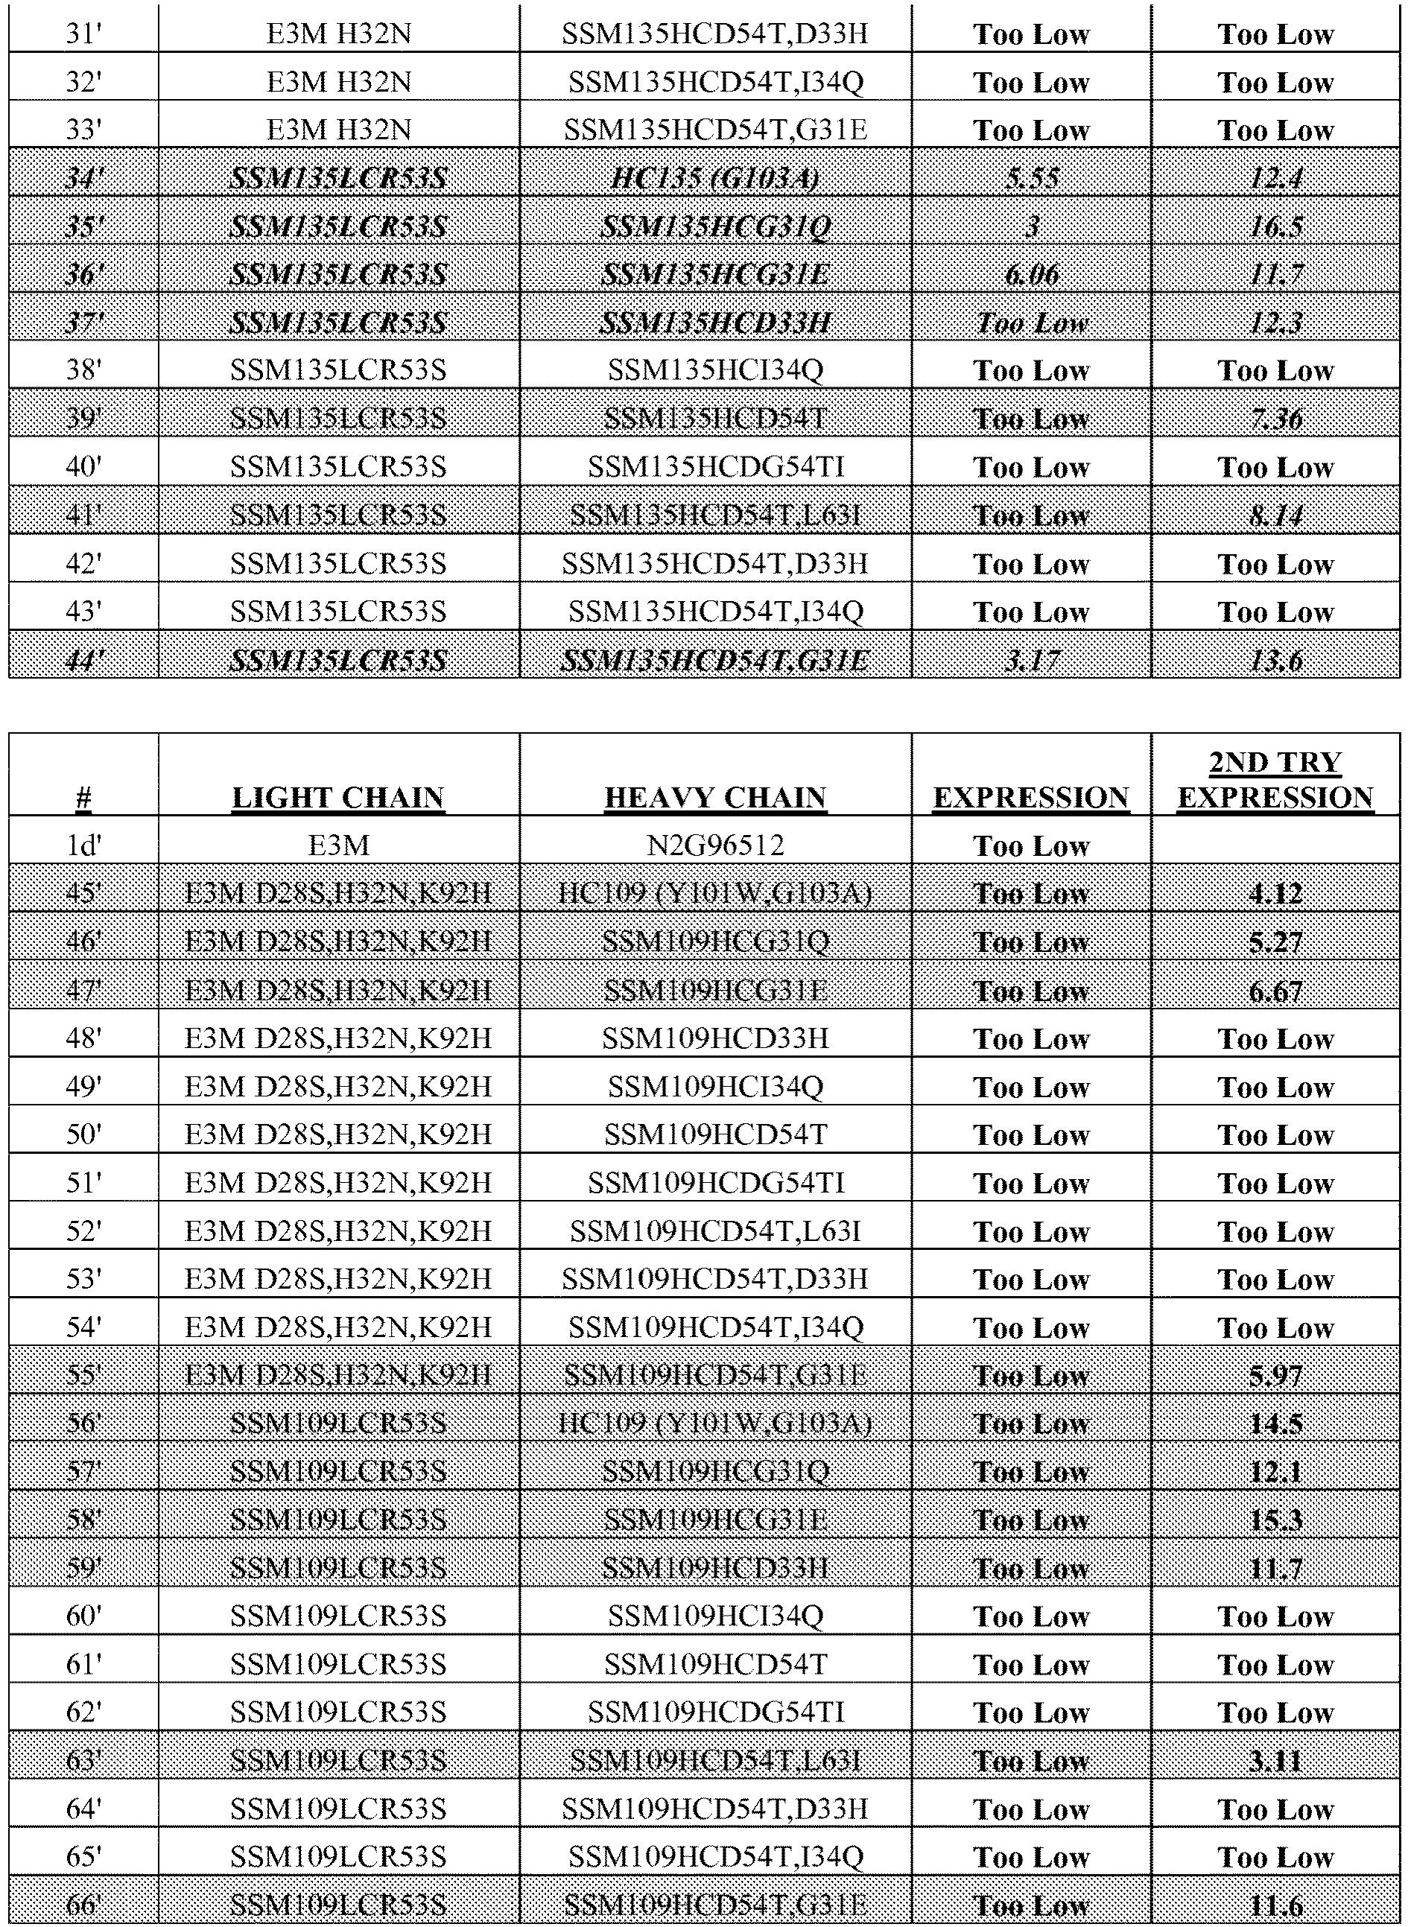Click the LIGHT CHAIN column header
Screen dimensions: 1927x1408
(x=338, y=797)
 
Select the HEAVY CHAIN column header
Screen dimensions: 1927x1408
(x=715, y=797)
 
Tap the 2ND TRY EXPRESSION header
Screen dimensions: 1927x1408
(x=1275, y=779)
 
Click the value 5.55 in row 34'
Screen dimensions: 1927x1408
(x=1031, y=179)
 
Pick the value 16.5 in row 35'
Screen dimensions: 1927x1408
(x=1275, y=227)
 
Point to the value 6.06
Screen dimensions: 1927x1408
(x=1031, y=276)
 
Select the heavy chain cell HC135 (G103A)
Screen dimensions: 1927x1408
(x=715, y=179)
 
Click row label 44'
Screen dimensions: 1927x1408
(x=83, y=661)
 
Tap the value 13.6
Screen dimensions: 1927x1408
(x=1275, y=661)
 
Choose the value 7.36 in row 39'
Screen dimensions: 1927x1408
(x=1275, y=419)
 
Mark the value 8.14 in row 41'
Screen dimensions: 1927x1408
(x=1275, y=515)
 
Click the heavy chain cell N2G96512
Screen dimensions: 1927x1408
(x=715, y=845)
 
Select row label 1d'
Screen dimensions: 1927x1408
(x=83, y=845)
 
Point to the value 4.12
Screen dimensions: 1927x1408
(x=1275, y=894)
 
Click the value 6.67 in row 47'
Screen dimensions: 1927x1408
(x=1275, y=991)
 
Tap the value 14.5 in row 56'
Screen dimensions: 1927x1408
(x=1275, y=1424)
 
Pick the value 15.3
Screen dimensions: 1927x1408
(x=1275, y=1520)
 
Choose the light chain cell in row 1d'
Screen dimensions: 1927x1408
(x=338, y=845)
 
